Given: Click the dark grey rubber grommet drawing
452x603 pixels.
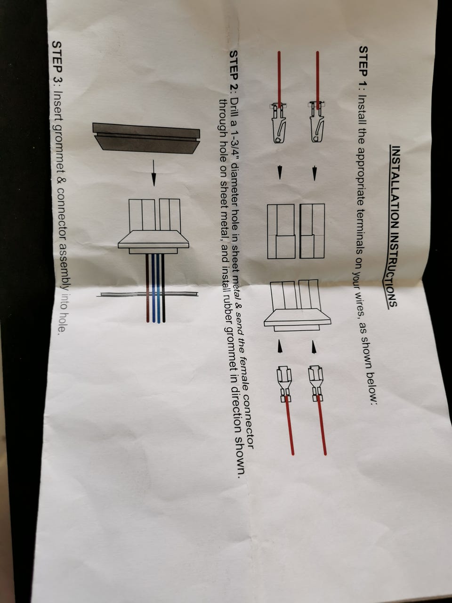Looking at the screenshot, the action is click(146, 138).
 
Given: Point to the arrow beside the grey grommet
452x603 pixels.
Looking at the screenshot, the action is click(153, 172).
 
